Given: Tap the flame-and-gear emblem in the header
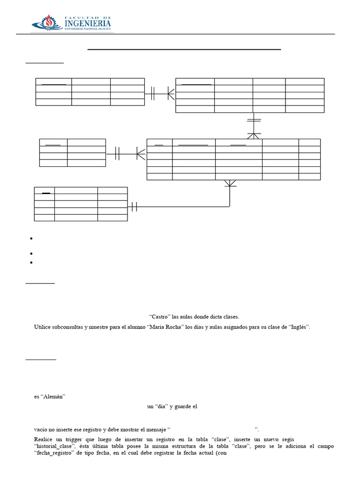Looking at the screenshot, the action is coord(46,22).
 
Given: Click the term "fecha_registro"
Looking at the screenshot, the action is coord(57,453).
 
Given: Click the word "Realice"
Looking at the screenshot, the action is coord(44,439).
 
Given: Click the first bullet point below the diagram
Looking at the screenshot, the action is coord(31,239).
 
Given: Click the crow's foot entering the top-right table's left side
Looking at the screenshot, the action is coord(171,94).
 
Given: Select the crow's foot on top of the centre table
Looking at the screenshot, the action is coord(254,135).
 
